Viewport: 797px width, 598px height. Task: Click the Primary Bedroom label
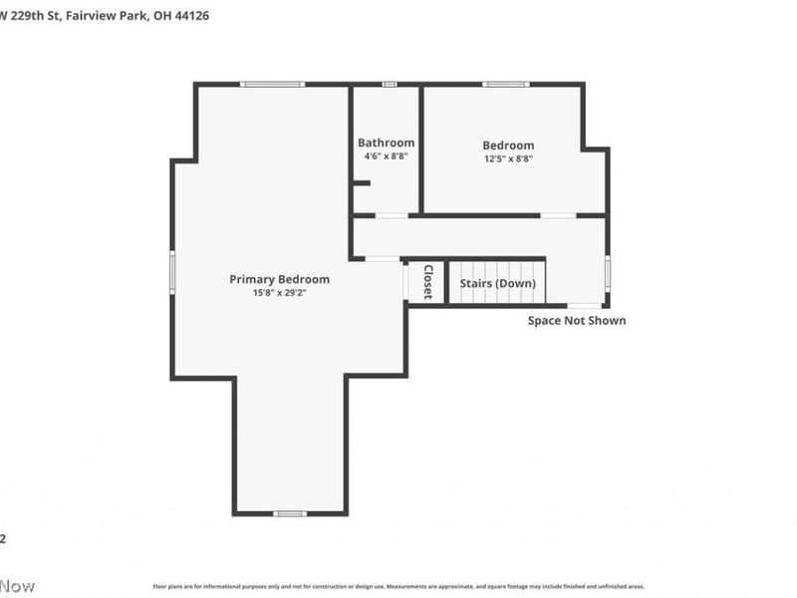tap(279, 279)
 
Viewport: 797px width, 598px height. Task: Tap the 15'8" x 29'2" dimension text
tap(279, 293)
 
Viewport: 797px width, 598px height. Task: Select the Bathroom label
tap(386, 143)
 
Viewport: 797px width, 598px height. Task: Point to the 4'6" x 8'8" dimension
tap(386, 156)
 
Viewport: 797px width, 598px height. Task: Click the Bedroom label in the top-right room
tap(508, 145)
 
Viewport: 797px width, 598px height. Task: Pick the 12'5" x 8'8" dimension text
tap(508, 158)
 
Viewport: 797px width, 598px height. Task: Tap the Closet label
tap(427, 282)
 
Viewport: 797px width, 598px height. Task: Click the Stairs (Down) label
tap(497, 284)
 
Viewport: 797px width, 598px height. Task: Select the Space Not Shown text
tap(577, 321)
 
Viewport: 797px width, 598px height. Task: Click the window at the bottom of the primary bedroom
tap(290, 513)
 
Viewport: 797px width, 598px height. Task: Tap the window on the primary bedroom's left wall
tap(172, 272)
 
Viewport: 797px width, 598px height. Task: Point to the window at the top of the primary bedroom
tap(272, 85)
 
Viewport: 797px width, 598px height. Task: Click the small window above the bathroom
tap(390, 85)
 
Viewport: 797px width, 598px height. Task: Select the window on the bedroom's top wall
tap(506, 85)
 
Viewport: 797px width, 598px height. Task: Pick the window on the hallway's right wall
tap(607, 272)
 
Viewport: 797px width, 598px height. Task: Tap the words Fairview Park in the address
tap(112, 16)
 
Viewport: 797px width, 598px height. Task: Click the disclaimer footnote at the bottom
tap(398, 587)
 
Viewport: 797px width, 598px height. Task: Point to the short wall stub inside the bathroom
tap(361, 182)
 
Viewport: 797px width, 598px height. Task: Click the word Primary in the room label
tap(252, 279)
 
